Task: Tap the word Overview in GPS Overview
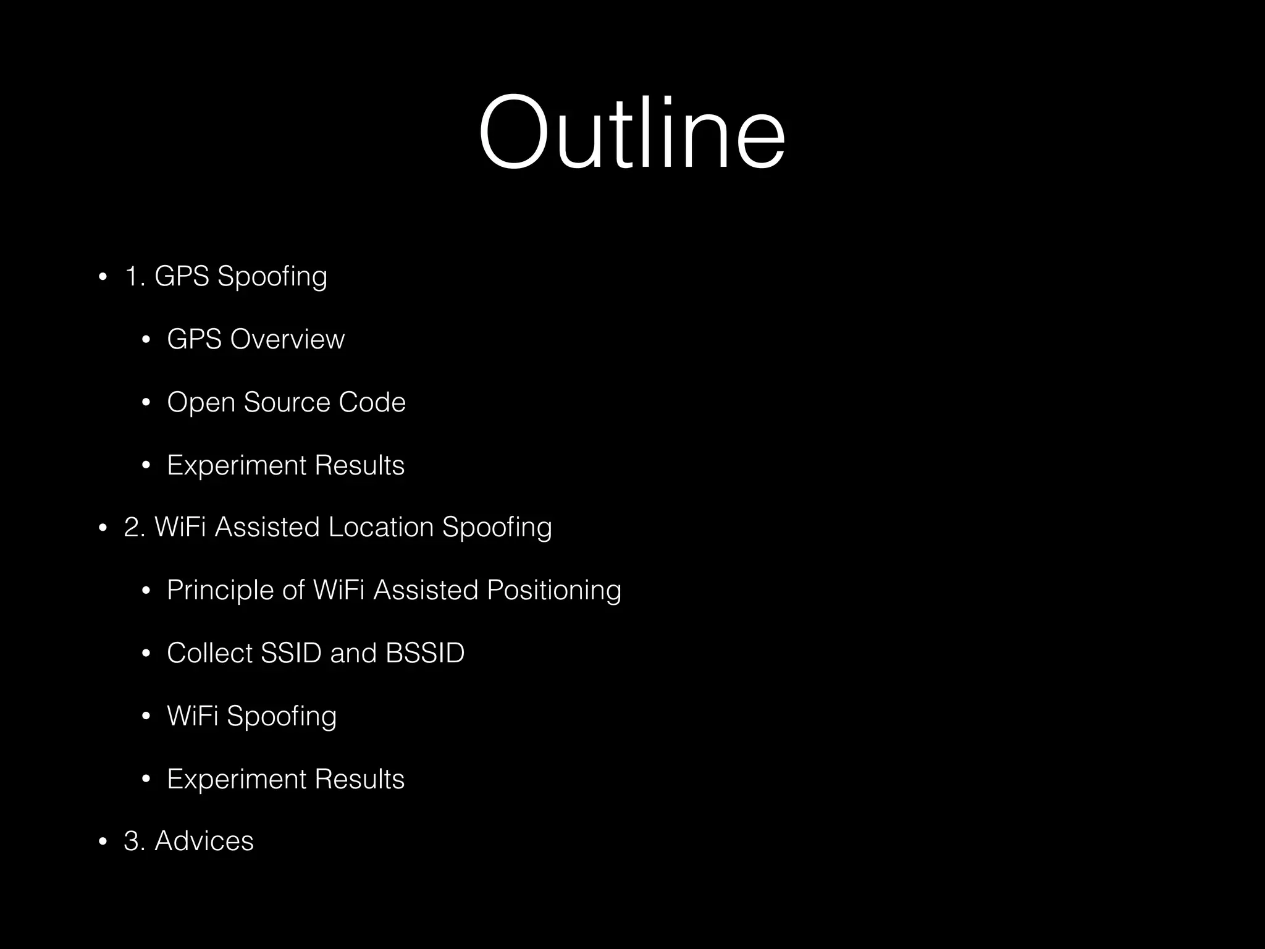click(x=287, y=339)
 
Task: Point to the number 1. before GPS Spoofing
click(x=134, y=276)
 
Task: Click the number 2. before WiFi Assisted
click(x=134, y=528)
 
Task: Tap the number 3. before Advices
click(x=134, y=841)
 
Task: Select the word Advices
click(x=204, y=841)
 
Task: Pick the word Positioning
click(x=554, y=591)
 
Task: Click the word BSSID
click(x=425, y=653)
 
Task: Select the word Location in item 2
click(x=381, y=528)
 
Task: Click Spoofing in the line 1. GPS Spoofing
click(x=272, y=276)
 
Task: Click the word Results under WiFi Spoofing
click(x=359, y=779)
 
